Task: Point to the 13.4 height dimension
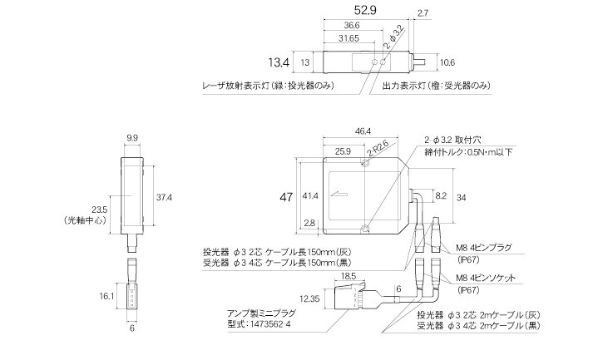[278, 62]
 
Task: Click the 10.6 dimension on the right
[447, 62]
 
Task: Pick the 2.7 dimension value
[422, 12]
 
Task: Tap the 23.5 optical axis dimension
[98, 209]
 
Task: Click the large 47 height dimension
[286, 197]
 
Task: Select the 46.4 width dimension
[363, 131]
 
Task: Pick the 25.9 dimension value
[342, 152]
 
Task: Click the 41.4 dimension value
[310, 197]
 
